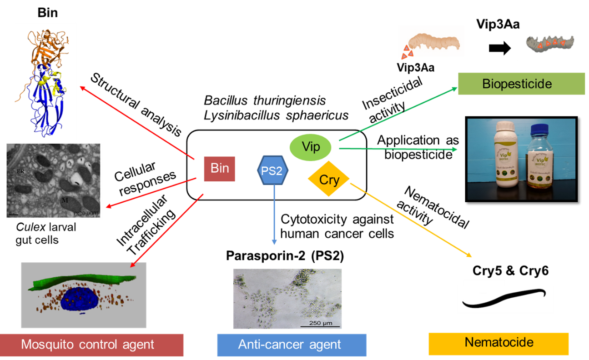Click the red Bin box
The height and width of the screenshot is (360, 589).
pyautogui.click(x=219, y=169)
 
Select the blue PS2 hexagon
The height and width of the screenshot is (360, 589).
pyautogui.click(x=272, y=170)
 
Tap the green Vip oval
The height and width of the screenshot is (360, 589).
pyautogui.click(x=311, y=147)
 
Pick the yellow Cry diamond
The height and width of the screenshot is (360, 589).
pyautogui.click(x=329, y=180)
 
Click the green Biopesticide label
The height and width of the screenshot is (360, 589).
pyautogui.click(x=521, y=84)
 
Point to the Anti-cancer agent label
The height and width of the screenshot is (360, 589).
pyautogui.click(x=291, y=345)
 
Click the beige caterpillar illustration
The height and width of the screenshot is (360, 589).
pyautogui.click(x=434, y=43)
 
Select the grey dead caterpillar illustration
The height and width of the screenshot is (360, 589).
pyautogui.click(x=548, y=44)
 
